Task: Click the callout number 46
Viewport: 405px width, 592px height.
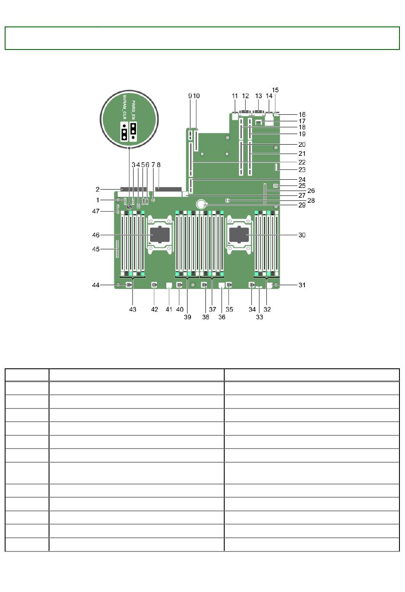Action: click(x=96, y=235)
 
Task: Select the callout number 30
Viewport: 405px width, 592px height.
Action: click(x=302, y=235)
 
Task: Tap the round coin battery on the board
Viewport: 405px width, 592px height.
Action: click(x=202, y=204)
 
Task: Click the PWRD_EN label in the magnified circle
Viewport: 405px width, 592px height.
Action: click(x=133, y=110)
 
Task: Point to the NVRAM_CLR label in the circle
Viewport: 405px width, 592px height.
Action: click(x=124, y=107)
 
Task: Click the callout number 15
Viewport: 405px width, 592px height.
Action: click(x=275, y=90)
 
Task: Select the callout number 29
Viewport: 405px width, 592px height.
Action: click(x=302, y=205)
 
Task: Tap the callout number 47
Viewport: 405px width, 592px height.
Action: click(x=96, y=211)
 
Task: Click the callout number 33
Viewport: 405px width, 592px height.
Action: click(x=260, y=317)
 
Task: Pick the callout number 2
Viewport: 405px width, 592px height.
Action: click(x=98, y=189)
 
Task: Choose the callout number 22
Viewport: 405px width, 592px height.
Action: click(x=302, y=162)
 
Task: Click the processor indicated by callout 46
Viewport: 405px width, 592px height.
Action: click(x=160, y=235)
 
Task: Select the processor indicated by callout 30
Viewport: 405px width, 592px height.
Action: click(x=239, y=235)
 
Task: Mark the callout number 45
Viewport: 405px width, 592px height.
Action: click(x=96, y=249)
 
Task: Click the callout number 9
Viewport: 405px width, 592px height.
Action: click(x=190, y=96)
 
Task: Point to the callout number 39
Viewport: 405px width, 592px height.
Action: click(x=188, y=317)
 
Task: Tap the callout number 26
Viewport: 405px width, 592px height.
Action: click(x=311, y=190)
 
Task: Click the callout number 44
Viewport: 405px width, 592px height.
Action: click(x=96, y=285)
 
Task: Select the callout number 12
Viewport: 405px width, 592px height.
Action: click(x=246, y=96)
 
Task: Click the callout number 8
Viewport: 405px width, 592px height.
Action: click(x=159, y=165)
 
